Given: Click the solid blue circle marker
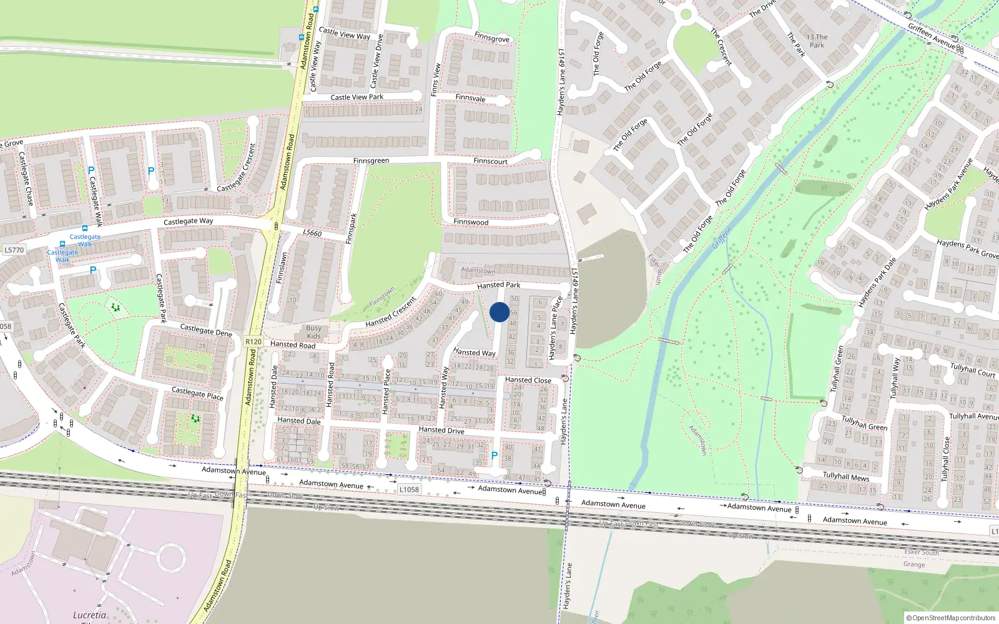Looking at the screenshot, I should point(499,312).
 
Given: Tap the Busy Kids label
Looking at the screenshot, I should point(314,332).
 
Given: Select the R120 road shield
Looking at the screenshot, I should point(253,342).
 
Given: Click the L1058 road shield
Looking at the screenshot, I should point(409,490).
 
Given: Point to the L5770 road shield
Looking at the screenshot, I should point(14,250).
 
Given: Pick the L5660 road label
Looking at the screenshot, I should point(312,233).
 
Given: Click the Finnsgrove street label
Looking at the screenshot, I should point(492,38).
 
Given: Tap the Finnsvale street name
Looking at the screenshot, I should point(470,99).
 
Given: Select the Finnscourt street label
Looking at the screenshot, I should point(490,161).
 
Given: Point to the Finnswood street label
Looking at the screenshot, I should point(471,222).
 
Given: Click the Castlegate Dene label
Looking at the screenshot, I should point(206,330).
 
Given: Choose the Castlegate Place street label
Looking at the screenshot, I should point(197,393).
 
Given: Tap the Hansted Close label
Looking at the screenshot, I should point(528,380).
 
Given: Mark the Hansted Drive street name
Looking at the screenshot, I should point(441,430).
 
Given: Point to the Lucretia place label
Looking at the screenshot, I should point(89,615).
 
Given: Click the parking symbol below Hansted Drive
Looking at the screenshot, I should point(495,456).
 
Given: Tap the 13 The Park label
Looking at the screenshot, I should point(817,41).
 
